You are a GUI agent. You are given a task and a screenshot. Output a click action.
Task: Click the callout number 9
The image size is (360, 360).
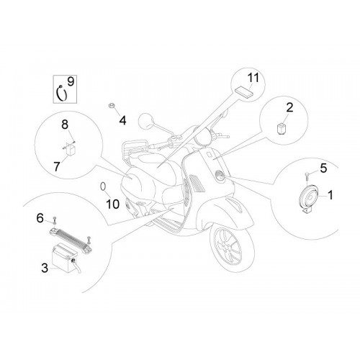pos(71,81)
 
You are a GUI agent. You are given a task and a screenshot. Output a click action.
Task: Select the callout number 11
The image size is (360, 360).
pos(253,78)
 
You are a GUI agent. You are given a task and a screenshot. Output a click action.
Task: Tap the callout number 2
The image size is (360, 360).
pos(289,108)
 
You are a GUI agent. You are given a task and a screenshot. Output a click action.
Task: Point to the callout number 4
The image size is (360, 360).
pos(122,120)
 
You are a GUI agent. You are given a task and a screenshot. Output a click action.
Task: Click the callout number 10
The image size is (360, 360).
pos(112,204)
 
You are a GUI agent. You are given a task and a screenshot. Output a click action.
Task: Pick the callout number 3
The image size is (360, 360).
pos(45,268)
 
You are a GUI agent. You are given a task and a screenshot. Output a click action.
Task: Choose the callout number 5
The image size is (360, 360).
pos(324,168)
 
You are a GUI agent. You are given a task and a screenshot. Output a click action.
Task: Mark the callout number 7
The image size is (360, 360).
pos(56,166)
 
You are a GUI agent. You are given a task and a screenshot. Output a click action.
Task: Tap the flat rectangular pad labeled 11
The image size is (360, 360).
pos(244,92)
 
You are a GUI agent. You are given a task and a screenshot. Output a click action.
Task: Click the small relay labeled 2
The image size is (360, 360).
pos(281,129)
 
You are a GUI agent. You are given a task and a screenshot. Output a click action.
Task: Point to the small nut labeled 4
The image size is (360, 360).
pos(111,105)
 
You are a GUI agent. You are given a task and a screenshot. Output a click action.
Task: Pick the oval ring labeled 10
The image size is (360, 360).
pos(103,186)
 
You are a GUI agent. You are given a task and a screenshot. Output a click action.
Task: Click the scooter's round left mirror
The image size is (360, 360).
pos(146,122)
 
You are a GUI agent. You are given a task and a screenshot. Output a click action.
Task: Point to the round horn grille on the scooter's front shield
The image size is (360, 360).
pos(219,175)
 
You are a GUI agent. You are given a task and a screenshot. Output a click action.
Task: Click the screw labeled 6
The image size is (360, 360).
pos(55,220)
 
